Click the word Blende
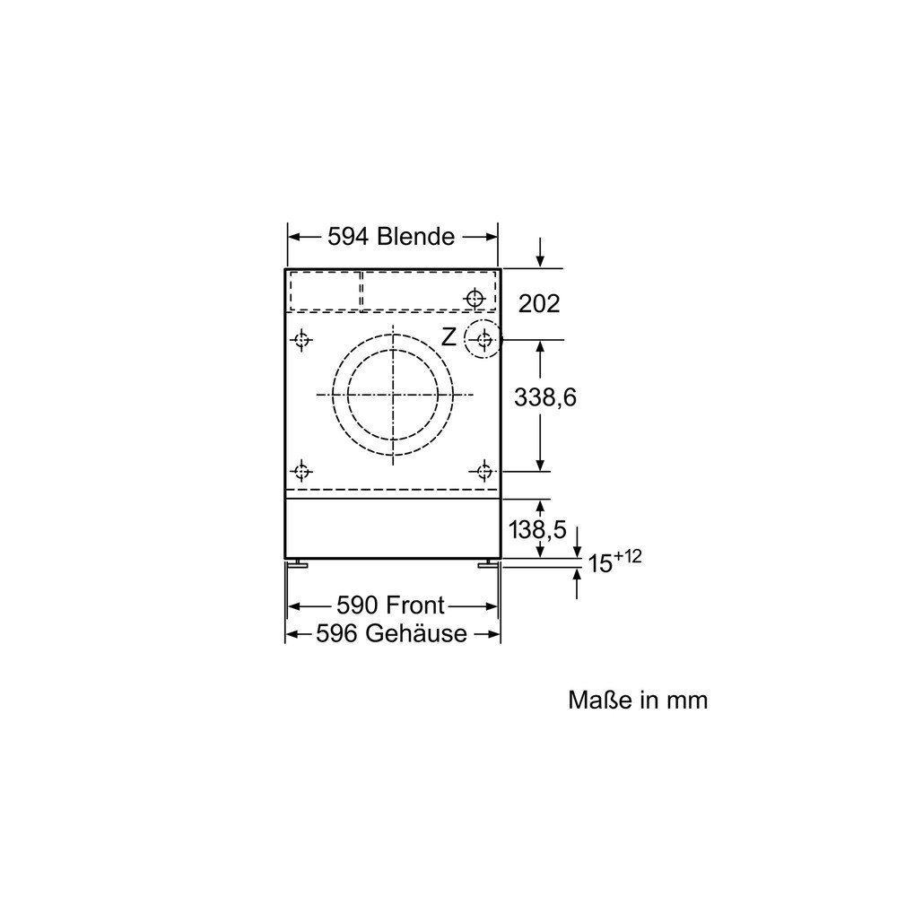(416, 236)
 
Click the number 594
(348, 236)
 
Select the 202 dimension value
(539, 304)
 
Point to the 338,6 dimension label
(545, 397)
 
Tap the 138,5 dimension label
(537, 530)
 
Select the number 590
(358, 605)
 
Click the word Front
(415, 605)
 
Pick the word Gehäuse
(416, 633)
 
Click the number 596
(337, 633)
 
